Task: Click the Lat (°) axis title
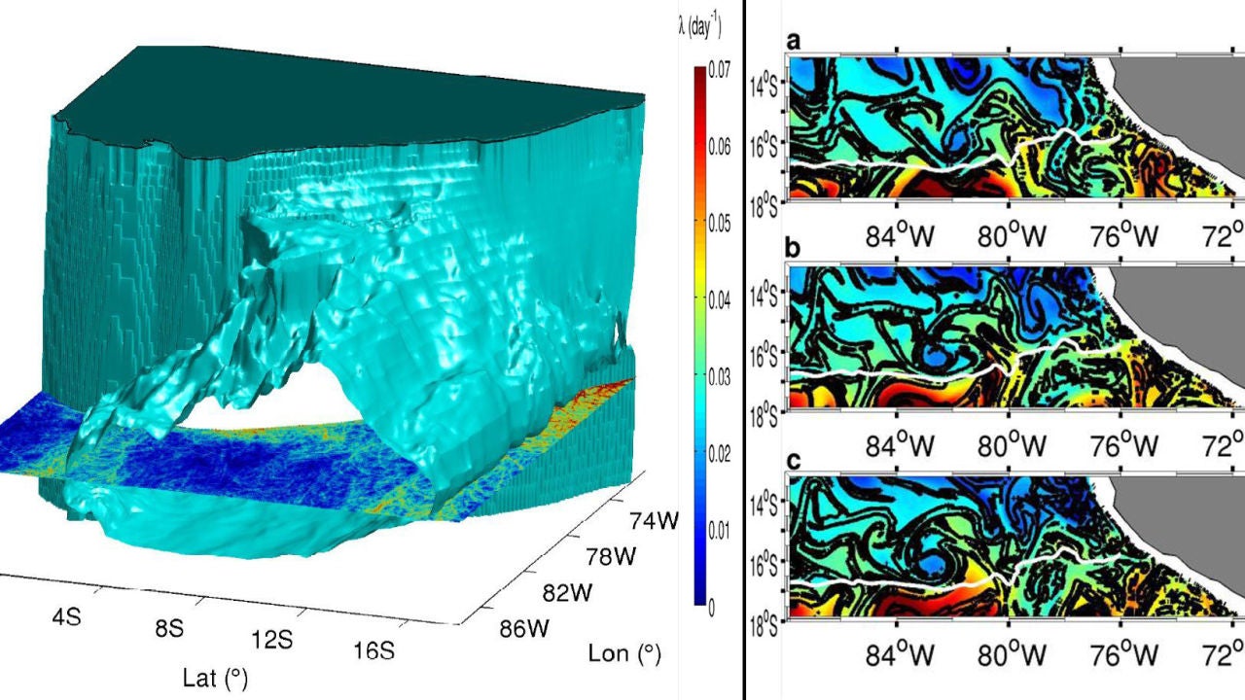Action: [215, 678]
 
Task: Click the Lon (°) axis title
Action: [624, 654]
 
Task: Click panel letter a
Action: [794, 42]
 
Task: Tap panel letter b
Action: [794, 250]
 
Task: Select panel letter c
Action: [794, 460]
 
